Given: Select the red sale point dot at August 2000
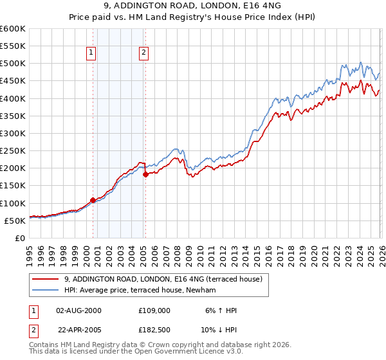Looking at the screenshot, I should pos(93,200).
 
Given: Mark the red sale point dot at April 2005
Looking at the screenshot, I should pos(145,174).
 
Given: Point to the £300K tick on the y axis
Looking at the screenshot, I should pos(13,134).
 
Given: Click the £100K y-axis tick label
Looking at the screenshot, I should pos(13,203).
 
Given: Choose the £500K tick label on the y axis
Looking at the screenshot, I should pos(13,64).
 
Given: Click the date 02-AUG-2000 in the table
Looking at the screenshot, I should pos(79,310).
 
